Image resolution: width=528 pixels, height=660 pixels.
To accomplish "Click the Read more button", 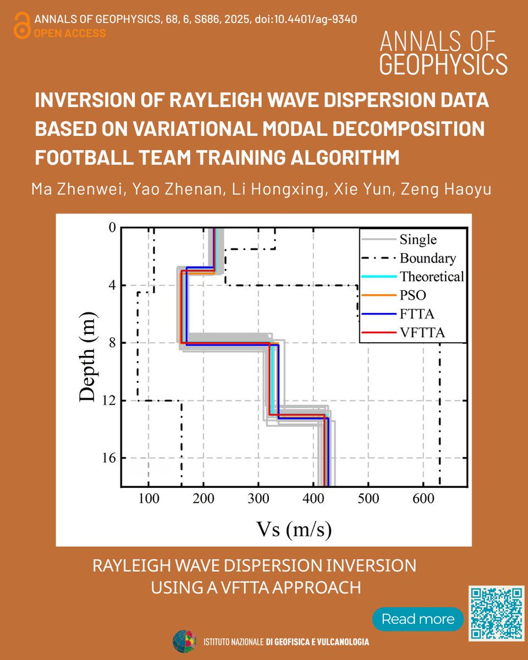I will point(417,619).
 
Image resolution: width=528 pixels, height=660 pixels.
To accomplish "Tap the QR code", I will point(496,613).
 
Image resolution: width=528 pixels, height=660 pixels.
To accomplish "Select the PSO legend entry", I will point(413,295).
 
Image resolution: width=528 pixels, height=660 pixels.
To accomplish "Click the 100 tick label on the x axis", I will point(148,499).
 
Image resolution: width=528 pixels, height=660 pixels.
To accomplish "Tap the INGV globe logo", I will point(184,641).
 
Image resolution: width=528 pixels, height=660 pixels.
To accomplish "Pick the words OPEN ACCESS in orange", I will point(70,33).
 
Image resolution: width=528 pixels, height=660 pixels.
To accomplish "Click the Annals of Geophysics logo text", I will point(443,53).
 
